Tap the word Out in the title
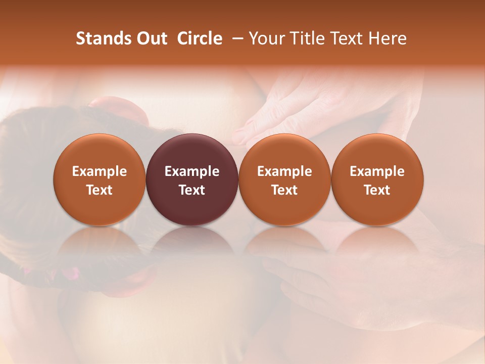click(x=152, y=38)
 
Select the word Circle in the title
click(x=200, y=38)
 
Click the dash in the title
click(x=236, y=38)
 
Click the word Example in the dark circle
click(x=192, y=171)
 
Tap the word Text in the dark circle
click(x=192, y=190)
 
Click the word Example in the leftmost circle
click(x=99, y=171)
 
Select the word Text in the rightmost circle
click(x=377, y=190)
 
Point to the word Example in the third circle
click(x=284, y=171)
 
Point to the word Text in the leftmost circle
click(x=99, y=190)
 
